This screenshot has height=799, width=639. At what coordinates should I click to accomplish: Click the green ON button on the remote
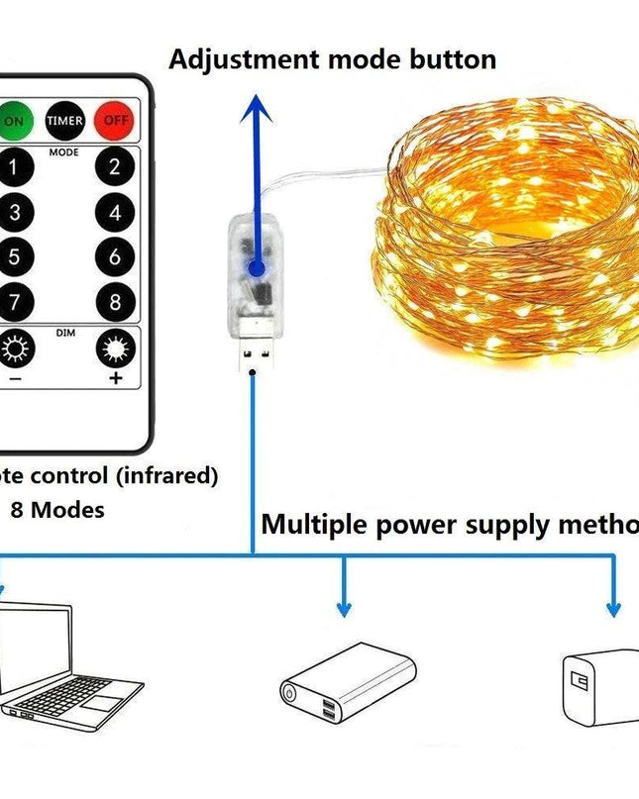click(14, 121)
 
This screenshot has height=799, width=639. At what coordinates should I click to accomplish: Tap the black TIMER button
click(64, 121)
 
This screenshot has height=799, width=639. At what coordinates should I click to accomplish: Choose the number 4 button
click(115, 212)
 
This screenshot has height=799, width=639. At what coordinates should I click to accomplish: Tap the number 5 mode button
click(14, 257)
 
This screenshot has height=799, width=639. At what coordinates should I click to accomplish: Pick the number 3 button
click(14, 212)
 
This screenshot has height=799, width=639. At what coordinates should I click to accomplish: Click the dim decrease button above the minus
click(16, 349)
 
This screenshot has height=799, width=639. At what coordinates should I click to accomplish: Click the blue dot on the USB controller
click(256, 268)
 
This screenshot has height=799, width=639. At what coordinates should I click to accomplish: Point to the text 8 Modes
click(57, 511)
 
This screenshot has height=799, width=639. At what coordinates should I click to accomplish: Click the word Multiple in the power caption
click(312, 524)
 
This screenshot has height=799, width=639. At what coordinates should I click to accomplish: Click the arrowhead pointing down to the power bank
click(345, 607)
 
